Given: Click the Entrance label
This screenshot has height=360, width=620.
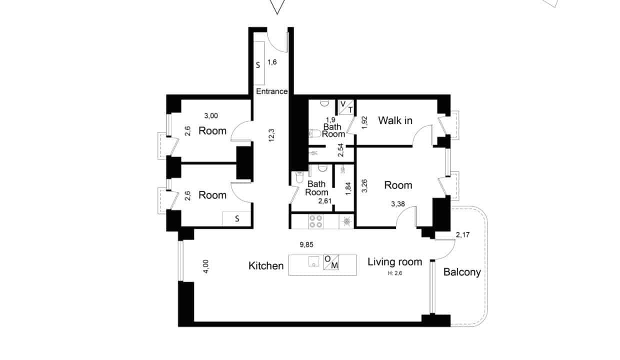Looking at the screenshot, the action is (x=271, y=91).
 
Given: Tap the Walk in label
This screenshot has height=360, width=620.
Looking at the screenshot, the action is (x=395, y=120).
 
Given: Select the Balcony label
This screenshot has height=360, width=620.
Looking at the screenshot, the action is (x=462, y=272).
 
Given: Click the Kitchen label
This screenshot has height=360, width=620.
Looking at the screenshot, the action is (x=266, y=265).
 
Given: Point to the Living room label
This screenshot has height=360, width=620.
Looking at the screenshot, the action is (x=394, y=262).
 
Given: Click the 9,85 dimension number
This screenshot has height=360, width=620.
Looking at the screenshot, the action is (x=306, y=244).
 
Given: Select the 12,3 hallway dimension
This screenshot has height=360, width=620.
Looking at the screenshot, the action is (x=271, y=135).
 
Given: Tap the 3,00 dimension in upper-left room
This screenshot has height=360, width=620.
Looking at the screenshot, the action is (x=211, y=115).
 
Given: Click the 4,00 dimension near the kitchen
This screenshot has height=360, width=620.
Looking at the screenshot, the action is (x=206, y=266).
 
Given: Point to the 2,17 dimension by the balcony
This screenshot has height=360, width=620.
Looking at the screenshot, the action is (x=463, y=235).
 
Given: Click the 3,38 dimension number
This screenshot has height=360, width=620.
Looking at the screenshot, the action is (x=397, y=204).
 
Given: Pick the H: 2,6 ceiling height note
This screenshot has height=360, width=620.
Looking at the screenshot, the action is (x=395, y=273).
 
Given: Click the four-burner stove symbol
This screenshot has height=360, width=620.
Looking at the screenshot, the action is (x=316, y=221).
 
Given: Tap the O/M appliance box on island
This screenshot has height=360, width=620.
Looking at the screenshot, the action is (x=331, y=262).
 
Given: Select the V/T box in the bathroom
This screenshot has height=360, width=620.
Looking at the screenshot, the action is (x=346, y=107).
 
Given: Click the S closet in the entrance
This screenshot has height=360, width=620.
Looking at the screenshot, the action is (x=259, y=63).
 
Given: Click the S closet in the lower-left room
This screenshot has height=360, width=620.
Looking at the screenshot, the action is (x=236, y=219).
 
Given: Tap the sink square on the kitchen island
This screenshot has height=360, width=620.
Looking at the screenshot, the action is (x=313, y=261).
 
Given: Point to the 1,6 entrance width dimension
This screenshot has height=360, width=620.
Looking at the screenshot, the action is (x=272, y=62).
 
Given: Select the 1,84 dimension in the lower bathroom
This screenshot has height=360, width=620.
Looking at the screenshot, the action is (x=348, y=188).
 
